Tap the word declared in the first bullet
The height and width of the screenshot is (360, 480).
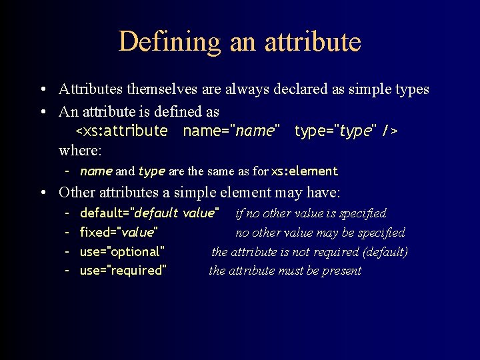tap(291, 89)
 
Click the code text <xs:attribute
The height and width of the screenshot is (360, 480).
tap(121, 131)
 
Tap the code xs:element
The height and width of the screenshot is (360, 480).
tap(305, 171)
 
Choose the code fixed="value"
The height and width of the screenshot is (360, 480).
tap(119, 233)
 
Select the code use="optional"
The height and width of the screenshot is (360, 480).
tap(122, 251)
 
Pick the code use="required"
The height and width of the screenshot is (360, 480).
tap(123, 270)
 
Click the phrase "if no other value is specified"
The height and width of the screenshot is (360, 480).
tap(311, 213)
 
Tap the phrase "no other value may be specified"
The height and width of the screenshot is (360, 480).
tap(320, 233)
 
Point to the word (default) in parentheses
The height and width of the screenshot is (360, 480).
tap(385, 251)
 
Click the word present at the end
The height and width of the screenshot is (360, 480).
tap(342, 270)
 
